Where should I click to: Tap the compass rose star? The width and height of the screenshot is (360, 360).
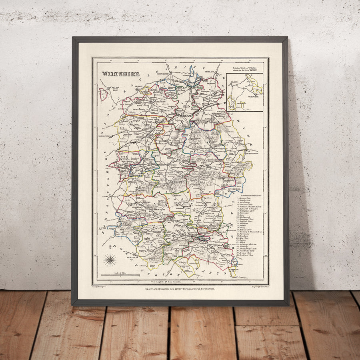(110, 260)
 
